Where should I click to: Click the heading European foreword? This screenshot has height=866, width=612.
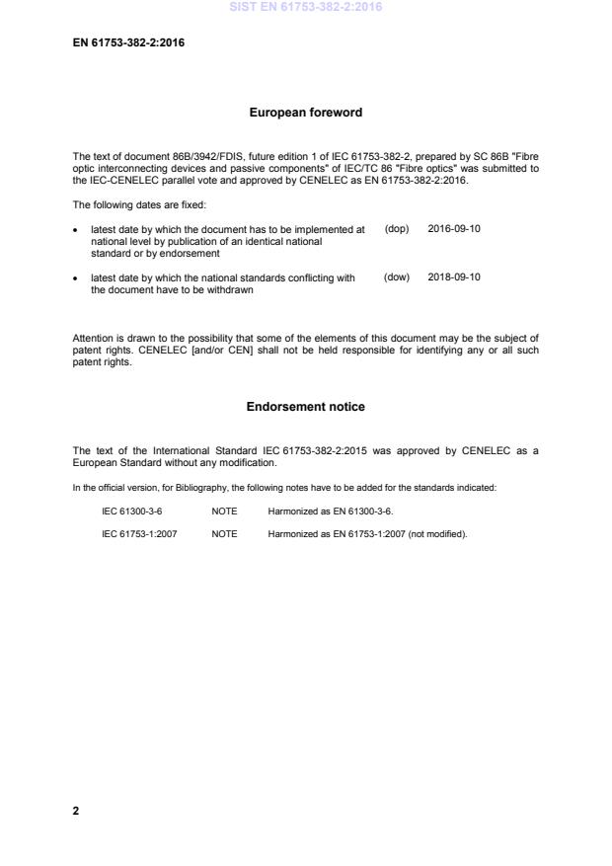pos(305,113)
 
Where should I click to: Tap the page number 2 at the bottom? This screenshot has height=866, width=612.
pos(76,811)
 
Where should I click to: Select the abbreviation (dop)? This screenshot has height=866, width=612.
pos(396,229)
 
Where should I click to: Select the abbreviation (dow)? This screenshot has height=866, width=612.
pos(396,277)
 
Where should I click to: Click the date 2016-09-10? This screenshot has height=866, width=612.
pos(454,229)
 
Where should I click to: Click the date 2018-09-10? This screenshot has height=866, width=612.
pos(454,277)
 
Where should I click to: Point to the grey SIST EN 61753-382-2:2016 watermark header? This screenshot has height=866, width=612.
pos(305,7)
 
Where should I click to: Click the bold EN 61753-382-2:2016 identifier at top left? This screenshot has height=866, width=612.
pos(128,43)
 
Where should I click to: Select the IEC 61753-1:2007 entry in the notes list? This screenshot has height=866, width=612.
pos(139,534)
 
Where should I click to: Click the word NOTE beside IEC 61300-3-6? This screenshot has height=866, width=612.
pos(224,512)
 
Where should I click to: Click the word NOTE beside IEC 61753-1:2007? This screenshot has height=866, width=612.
pos(224,534)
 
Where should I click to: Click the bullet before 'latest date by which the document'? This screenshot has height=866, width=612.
pos(77,230)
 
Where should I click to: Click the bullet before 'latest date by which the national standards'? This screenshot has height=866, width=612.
pos(77,278)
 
